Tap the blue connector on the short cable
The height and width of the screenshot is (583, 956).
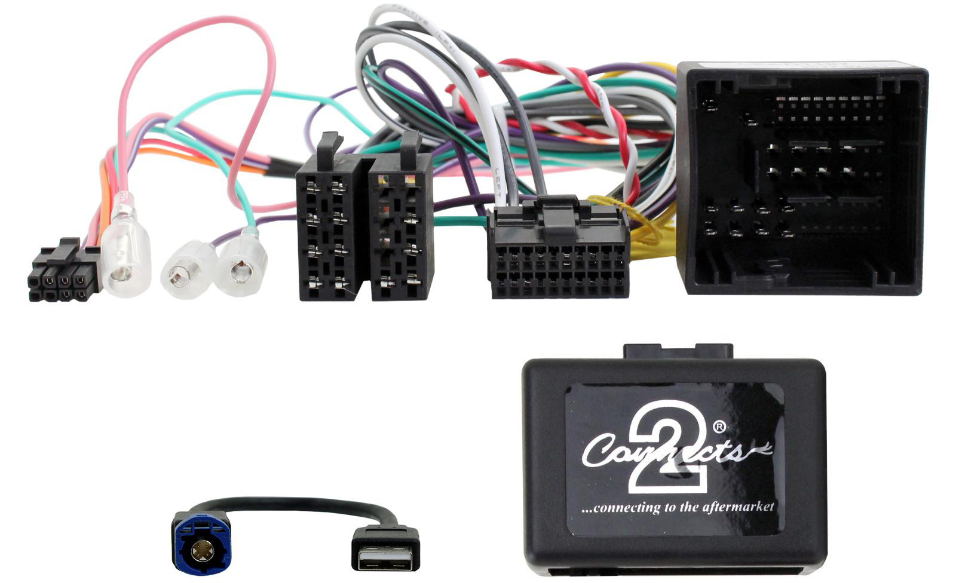click(201, 542)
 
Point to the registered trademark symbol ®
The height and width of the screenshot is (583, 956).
click(719, 426)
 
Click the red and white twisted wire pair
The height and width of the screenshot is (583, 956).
click(603, 102)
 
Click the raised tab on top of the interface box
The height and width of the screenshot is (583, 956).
click(678, 351)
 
